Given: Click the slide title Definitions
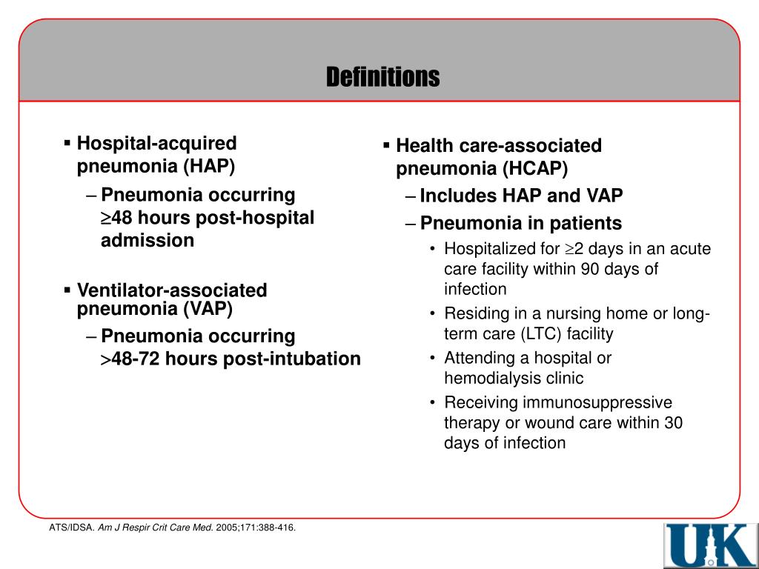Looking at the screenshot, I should point(383,76).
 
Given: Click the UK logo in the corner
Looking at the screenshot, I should point(709,545).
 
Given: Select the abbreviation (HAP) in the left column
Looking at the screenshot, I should point(209,166).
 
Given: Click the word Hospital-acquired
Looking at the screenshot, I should point(157,143).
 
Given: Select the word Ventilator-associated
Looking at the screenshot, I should point(172,290).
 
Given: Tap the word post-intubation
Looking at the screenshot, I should point(292,359).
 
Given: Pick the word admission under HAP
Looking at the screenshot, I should point(148,240).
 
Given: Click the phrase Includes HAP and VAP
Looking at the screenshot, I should point(521,196).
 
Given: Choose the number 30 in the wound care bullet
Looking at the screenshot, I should point(673,423).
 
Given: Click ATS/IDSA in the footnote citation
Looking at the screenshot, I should point(66,528).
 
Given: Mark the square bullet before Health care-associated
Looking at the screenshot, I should point(386,144).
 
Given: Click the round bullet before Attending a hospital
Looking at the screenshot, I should point(432,359).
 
